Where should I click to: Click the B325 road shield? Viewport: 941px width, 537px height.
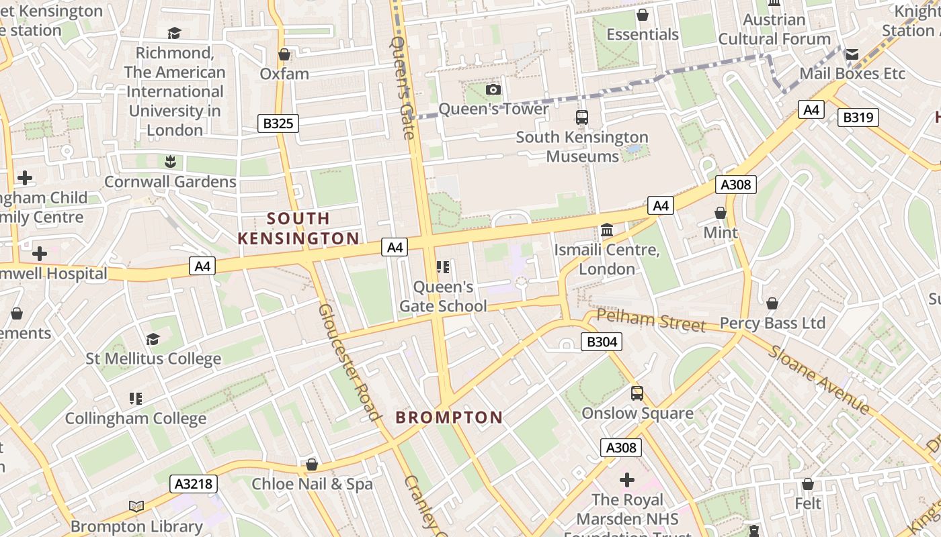[278, 124]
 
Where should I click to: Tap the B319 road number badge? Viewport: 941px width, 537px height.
[858, 117]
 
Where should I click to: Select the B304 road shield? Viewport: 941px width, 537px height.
[601, 342]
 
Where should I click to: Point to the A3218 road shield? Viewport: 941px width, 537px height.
[194, 483]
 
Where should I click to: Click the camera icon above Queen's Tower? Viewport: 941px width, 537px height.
[493, 89]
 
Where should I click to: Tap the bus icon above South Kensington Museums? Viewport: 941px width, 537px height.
[582, 117]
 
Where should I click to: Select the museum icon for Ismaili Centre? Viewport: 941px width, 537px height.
[607, 230]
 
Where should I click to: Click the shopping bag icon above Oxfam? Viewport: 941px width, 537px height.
[284, 54]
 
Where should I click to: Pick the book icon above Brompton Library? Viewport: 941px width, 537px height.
[136, 507]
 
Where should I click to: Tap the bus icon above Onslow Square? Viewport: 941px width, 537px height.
[637, 393]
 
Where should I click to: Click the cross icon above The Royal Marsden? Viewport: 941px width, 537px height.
[627, 480]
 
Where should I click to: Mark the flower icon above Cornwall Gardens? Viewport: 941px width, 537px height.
[170, 162]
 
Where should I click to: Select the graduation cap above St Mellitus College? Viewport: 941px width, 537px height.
[153, 339]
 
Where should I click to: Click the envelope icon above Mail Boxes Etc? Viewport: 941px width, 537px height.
[852, 54]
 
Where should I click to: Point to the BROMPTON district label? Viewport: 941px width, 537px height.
[449, 418]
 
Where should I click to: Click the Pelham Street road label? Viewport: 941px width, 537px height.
[651, 321]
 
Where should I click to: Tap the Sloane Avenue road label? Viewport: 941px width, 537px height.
[819, 380]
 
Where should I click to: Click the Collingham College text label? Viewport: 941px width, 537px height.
[136, 419]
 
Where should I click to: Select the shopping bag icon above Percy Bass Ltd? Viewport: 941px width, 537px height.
[772, 303]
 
